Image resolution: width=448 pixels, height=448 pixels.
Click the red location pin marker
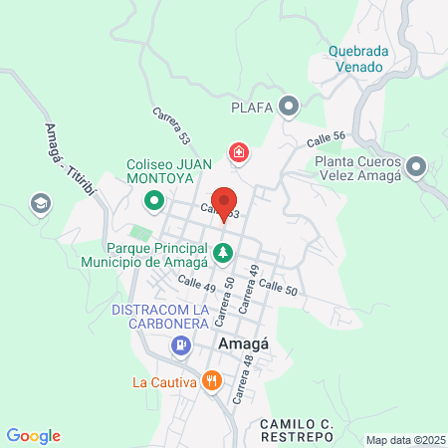(224, 202)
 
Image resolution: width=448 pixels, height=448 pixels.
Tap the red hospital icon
(239, 152)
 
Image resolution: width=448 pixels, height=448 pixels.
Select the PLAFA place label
(252, 106)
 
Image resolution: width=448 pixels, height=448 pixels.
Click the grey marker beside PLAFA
(289, 106)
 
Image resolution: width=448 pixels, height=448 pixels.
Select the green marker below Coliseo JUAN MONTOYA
(154, 202)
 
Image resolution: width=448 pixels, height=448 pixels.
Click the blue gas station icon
(180, 345)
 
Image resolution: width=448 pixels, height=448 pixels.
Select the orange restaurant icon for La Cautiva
(211, 381)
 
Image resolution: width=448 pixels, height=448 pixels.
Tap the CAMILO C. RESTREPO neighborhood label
(313, 431)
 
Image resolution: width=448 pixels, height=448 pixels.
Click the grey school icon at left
(41, 203)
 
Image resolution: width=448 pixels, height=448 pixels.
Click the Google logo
(34, 435)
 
